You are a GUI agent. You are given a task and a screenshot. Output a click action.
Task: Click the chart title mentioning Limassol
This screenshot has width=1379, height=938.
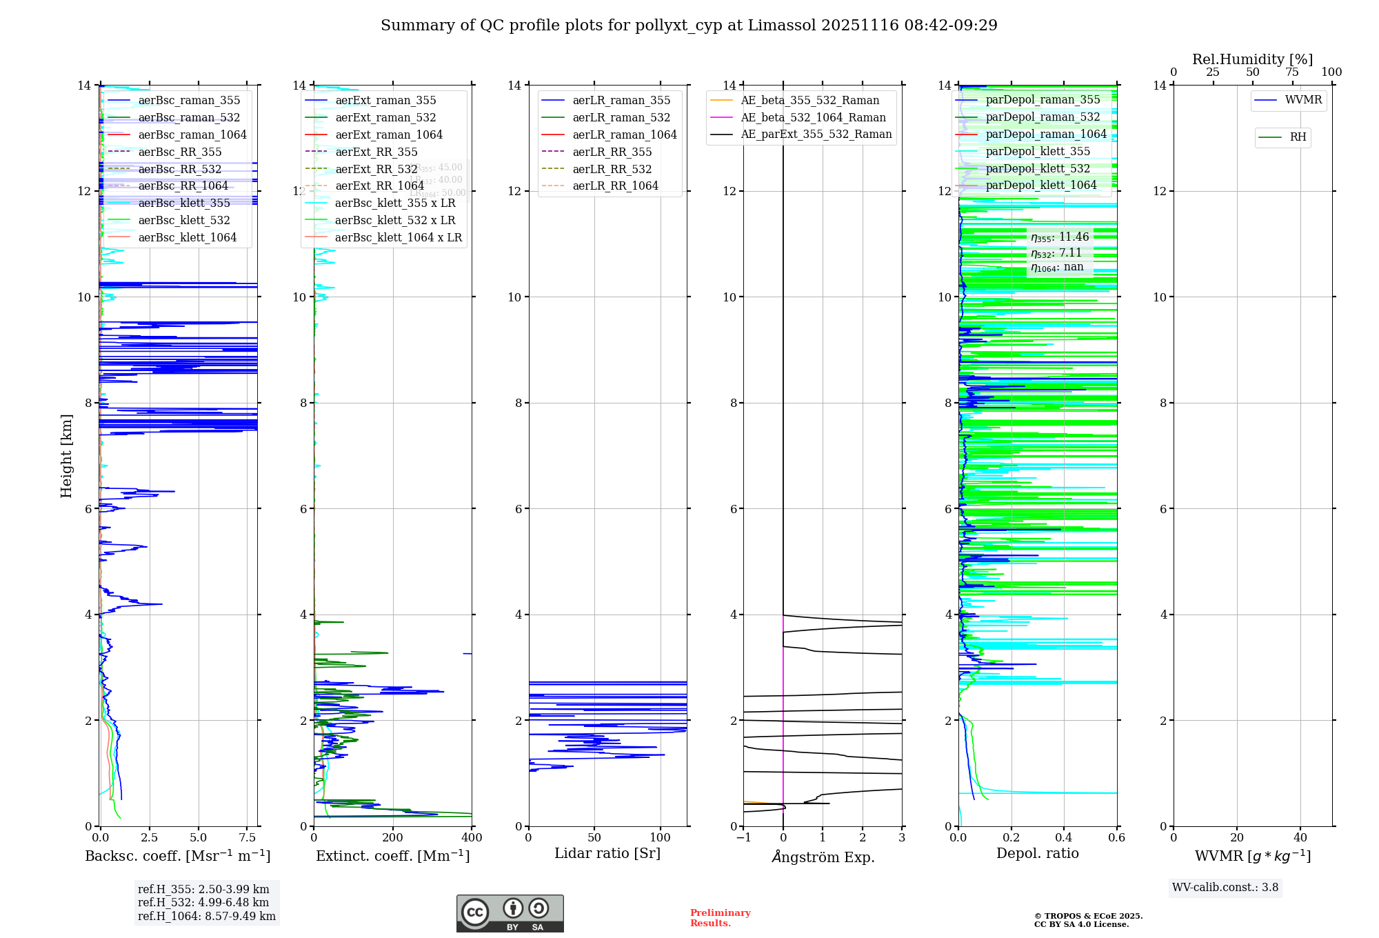coord(689,26)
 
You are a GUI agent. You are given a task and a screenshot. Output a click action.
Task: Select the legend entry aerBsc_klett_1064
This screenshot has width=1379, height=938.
coord(187,237)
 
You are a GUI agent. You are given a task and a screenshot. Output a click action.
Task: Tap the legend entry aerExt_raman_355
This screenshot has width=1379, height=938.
coord(385,101)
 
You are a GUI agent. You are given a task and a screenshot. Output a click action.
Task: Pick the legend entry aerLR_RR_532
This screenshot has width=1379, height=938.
coord(612,169)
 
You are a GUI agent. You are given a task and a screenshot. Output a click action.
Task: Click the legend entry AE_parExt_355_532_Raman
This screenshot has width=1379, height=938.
coord(816,134)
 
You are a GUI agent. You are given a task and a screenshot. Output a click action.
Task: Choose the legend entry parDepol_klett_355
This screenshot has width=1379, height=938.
coord(1038,152)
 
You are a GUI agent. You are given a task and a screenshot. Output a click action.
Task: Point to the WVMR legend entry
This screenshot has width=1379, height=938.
coord(1303,100)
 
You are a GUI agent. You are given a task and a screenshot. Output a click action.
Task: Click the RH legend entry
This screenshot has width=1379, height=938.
coord(1298,137)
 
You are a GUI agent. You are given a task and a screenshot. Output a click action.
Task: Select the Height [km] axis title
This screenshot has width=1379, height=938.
coord(66,456)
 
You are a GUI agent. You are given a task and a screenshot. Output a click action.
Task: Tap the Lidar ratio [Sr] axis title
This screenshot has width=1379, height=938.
coord(607,854)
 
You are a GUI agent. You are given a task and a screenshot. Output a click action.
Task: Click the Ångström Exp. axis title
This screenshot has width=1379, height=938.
coord(823,857)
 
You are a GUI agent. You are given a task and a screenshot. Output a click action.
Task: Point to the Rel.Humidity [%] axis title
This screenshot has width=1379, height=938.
coord(1252,59)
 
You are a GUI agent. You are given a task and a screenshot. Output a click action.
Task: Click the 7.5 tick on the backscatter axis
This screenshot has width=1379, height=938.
coord(247,838)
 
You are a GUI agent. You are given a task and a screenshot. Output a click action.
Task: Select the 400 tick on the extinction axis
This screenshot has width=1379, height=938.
coord(472,838)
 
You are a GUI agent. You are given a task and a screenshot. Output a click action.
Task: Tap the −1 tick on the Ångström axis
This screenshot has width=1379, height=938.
coord(743,838)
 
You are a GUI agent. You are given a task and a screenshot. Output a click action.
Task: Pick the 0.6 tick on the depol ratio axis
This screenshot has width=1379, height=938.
coord(1116,838)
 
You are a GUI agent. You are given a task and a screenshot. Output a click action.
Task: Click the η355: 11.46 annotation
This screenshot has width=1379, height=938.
coord(1060,237)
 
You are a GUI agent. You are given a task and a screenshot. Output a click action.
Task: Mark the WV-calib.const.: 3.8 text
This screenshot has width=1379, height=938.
coord(1225,888)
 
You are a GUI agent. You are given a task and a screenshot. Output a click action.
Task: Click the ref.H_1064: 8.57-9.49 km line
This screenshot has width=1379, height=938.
coord(207,917)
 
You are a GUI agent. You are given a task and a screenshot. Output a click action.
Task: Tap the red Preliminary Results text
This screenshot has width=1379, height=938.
coord(720,918)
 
